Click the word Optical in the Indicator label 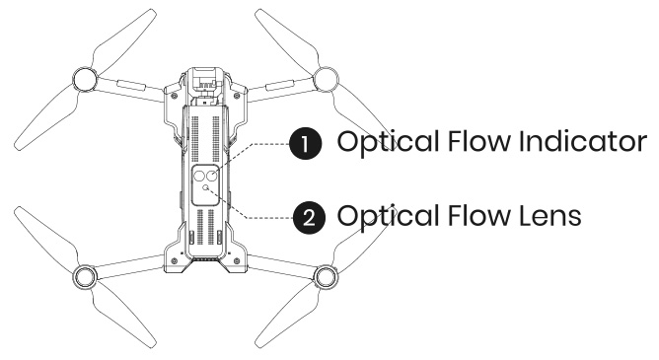tap(380, 143)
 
